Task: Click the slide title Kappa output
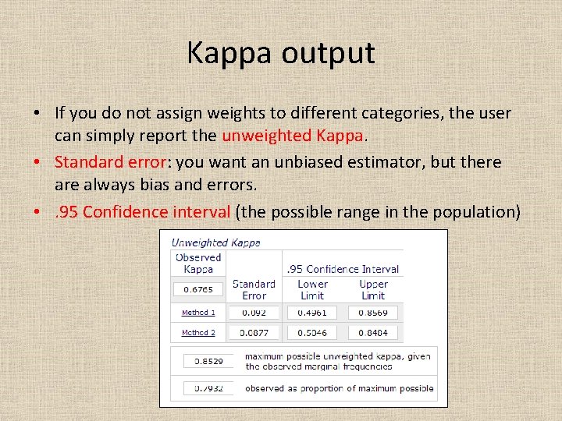point(281,53)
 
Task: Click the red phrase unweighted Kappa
point(293,135)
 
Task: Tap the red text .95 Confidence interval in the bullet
point(142,211)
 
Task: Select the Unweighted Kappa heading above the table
point(216,242)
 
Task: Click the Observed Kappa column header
point(198,263)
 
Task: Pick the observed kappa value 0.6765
point(198,289)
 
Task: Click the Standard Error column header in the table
point(254,289)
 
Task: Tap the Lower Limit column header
point(312,289)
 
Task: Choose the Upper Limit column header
point(373,289)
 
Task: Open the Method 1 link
point(198,313)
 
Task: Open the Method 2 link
point(198,333)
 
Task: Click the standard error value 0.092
point(254,313)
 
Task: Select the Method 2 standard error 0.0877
point(254,333)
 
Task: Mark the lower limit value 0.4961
point(312,313)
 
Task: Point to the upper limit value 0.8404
point(373,333)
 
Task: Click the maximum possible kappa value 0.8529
point(208,362)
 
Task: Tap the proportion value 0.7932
point(208,387)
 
